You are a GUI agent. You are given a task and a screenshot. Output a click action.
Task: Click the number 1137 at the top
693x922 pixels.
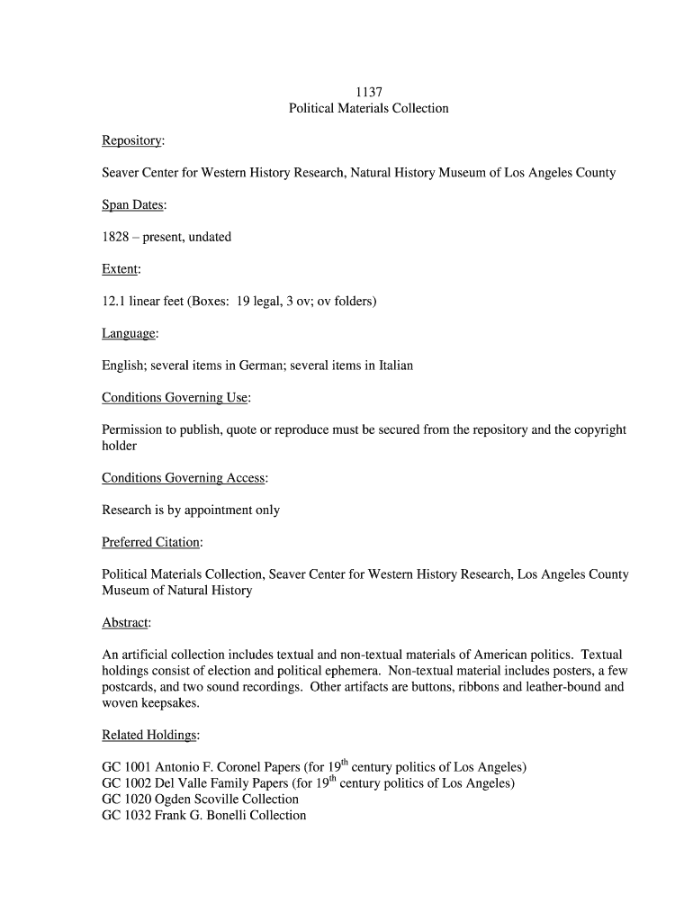[368, 92]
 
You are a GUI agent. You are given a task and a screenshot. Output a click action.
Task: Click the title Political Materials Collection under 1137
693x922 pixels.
[368, 108]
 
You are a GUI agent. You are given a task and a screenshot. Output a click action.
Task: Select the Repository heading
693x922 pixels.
[132, 140]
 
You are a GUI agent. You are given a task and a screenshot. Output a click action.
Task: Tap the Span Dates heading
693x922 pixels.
[133, 205]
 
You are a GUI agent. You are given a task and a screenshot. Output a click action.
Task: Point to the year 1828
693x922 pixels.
[115, 237]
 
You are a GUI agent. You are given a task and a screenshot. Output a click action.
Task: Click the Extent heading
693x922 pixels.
[121, 269]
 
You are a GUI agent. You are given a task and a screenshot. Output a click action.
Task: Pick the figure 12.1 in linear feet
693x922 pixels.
[113, 302]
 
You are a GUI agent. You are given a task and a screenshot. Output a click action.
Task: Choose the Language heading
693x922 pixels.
[129, 334]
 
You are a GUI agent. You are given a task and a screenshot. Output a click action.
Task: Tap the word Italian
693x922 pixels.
[394, 366]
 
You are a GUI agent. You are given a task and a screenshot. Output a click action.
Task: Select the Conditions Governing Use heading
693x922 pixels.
[175, 398]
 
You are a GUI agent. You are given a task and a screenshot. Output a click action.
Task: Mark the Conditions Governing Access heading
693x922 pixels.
[184, 478]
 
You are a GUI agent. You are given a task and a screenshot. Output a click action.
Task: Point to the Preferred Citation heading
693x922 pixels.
[151, 543]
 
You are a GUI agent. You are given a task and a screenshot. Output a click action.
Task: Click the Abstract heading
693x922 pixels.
[125, 623]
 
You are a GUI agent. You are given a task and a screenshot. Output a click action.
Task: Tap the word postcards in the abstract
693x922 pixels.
[129, 687]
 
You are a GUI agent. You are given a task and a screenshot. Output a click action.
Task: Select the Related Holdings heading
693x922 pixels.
[149, 736]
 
